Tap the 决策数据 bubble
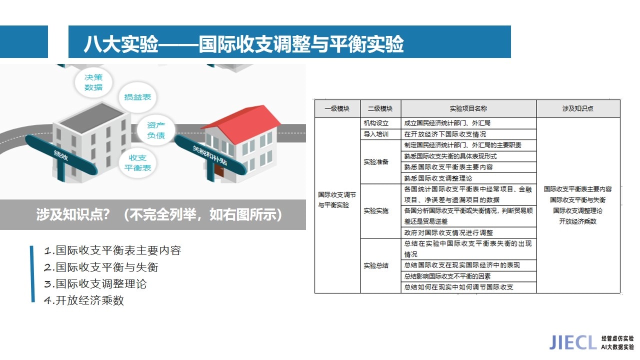coord(93,82)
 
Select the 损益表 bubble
coord(137,97)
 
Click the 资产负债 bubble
coord(155,130)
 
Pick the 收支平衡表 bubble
coord(137,162)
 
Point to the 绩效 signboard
coord(61,155)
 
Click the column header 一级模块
coord(337,108)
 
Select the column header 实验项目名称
coord(468,108)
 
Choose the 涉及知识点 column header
coord(577,108)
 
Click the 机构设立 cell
coord(376,123)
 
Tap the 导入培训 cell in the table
coord(376,134)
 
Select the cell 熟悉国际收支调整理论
coord(438,178)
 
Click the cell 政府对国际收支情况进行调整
coord(448,232)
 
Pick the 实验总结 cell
coord(376,265)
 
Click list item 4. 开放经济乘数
coord(84,300)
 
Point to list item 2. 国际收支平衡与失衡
coord(101,267)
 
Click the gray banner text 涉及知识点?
coord(73,214)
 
